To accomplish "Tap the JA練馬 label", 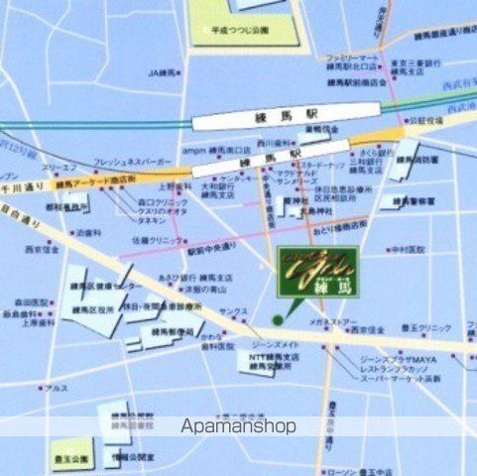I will [162, 72].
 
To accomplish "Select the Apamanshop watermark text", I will [239, 427].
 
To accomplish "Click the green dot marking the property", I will [277, 319].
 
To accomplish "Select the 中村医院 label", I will [407, 249].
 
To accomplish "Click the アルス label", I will [55, 388].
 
